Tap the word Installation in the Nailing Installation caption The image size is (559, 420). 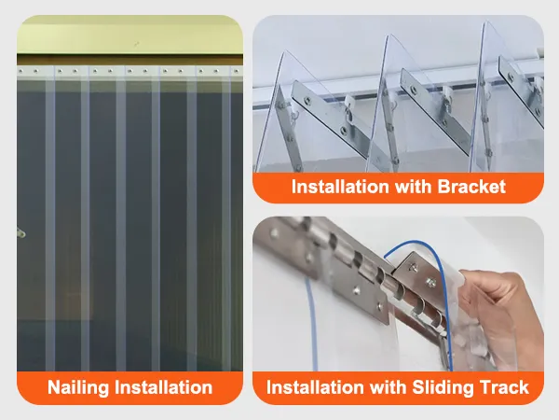[x=168, y=386]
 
